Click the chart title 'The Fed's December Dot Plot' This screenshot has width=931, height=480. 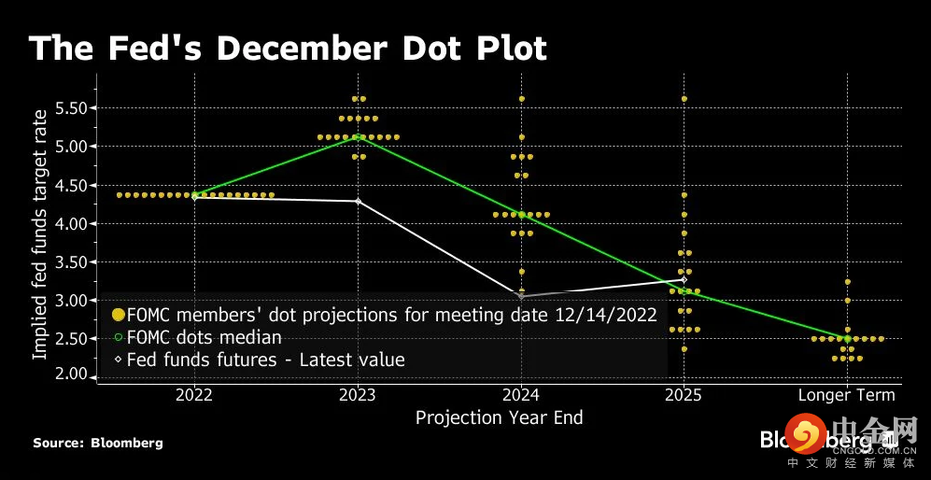288,49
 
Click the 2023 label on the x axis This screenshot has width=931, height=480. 358,395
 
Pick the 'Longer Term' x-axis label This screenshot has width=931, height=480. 846,395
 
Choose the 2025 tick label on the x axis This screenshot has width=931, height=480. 684,395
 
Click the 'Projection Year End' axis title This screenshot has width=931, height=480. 499,417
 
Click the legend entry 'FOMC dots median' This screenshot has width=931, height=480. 204,337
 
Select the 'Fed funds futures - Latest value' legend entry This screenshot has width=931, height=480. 265,359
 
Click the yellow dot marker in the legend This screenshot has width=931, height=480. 118,315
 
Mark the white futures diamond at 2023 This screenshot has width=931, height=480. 358,201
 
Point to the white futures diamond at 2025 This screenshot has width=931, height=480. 684,279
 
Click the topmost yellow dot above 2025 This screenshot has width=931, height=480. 684,98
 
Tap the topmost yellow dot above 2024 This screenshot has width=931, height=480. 521,98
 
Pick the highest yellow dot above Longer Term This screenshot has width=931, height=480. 847,281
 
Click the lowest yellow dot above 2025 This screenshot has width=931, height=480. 684,349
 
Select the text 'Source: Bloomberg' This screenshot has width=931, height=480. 97,443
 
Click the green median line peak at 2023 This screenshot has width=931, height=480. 358,136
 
